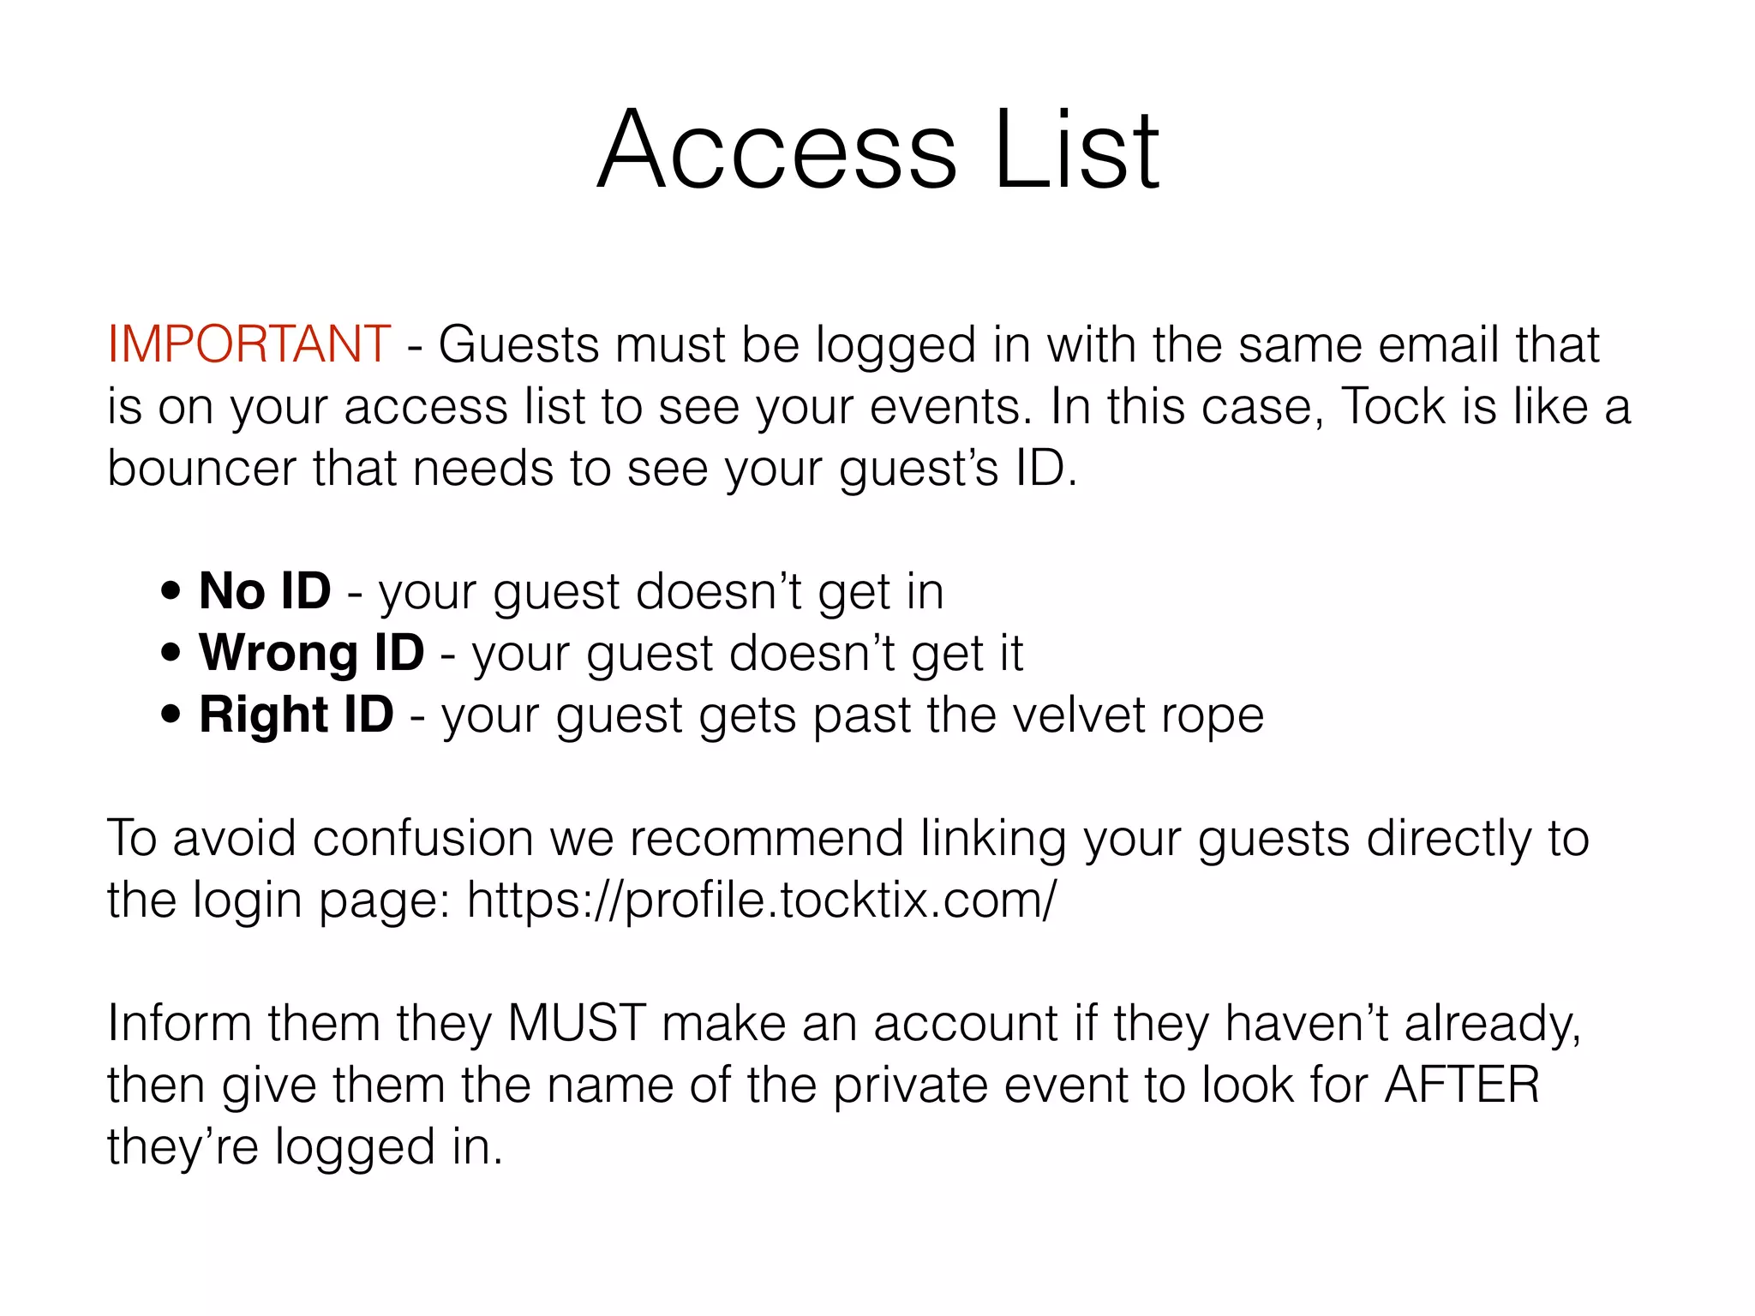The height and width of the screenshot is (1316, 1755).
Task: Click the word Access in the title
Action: (x=776, y=152)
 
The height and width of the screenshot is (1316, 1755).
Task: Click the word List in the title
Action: (x=1076, y=152)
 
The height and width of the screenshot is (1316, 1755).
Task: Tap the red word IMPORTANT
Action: (x=249, y=345)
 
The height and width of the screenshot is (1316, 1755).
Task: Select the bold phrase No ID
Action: (x=265, y=591)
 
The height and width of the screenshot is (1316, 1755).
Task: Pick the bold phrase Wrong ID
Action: (x=312, y=653)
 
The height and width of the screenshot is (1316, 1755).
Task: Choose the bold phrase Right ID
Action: (x=296, y=715)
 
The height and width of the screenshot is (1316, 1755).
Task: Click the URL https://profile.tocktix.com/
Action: (x=762, y=900)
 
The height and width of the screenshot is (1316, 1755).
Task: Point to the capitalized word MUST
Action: (x=577, y=1024)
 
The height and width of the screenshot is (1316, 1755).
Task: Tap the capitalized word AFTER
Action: (x=1462, y=1086)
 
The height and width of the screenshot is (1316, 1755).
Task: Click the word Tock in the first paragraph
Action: (x=1393, y=407)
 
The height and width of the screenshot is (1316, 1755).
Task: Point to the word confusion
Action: (x=423, y=839)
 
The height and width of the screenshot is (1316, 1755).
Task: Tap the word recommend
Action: (x=766, y=839)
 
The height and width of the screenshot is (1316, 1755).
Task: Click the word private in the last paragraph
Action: (x=910, y=1086)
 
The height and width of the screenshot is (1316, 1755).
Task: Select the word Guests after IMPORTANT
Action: (x=522, y=345)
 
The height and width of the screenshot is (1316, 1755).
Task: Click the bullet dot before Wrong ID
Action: (x=171, y=653)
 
